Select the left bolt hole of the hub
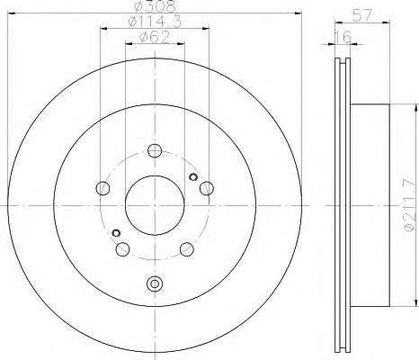(103, 188)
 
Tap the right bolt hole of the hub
(207, 187)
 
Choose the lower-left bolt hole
(123, 249)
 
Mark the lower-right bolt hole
(186, 249)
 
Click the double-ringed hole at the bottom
(155, 285)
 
